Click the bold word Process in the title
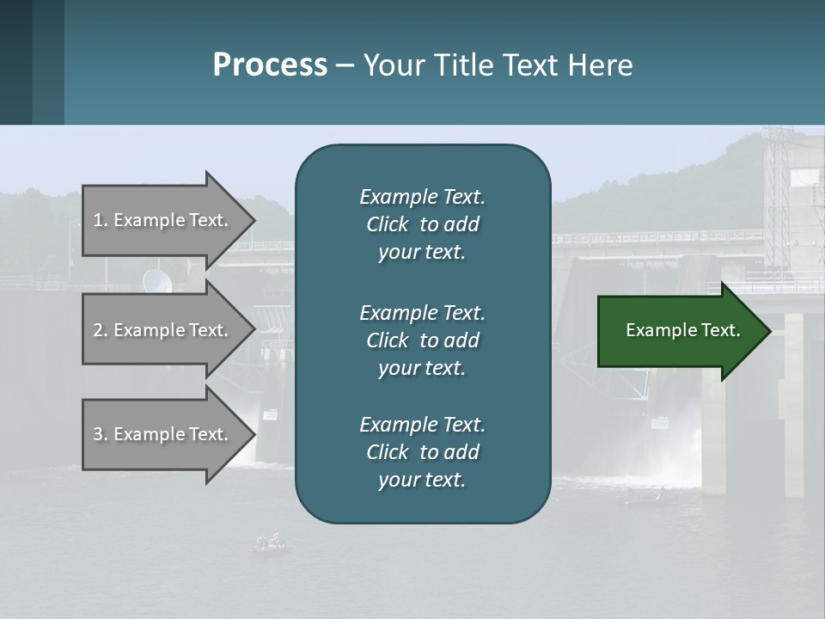(270, 65)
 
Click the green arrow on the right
(679, 331)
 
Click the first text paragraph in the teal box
(422, 224)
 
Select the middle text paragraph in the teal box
(422, 340)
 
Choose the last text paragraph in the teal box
(422, 452)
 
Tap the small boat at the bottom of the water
(270, 542)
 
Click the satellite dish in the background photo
(156, 279)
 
